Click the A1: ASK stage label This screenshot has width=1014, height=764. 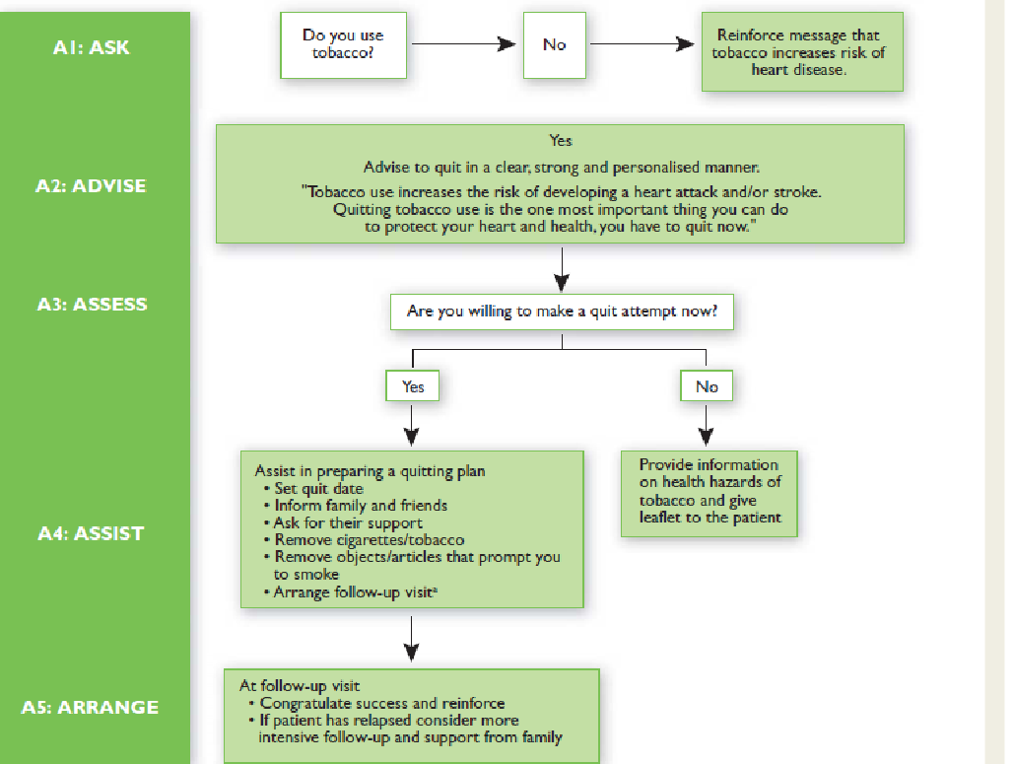click(92, 47)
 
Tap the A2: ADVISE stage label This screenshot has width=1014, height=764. click(91, 185)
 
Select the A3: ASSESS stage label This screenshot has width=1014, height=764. click(92, 304)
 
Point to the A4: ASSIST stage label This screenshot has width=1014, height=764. click(91, 533)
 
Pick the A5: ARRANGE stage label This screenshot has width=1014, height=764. click(90, 707)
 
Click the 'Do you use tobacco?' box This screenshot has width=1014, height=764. click(343, 45)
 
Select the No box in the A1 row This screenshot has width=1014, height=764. click(555, 45)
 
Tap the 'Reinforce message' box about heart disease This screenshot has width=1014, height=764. click(802, 51)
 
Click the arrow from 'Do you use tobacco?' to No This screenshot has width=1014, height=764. click(464, 44)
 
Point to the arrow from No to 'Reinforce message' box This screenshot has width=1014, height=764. click(642, 44)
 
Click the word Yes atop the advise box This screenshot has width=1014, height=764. click(561, 140)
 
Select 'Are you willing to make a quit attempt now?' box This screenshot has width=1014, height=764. click(562, 312)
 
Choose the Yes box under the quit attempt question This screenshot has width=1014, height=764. click(413, 386)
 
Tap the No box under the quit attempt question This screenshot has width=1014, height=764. click(707, 386)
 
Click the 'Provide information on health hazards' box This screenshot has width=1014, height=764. click(710, 494)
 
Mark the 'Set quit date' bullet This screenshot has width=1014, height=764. click(313, 488)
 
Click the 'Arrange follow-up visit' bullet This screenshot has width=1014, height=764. click(351, 591)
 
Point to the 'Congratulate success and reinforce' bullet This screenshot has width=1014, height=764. click(377, 703)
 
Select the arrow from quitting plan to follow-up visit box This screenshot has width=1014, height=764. click(411, 639)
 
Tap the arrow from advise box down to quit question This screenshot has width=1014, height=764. click(562, 270)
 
